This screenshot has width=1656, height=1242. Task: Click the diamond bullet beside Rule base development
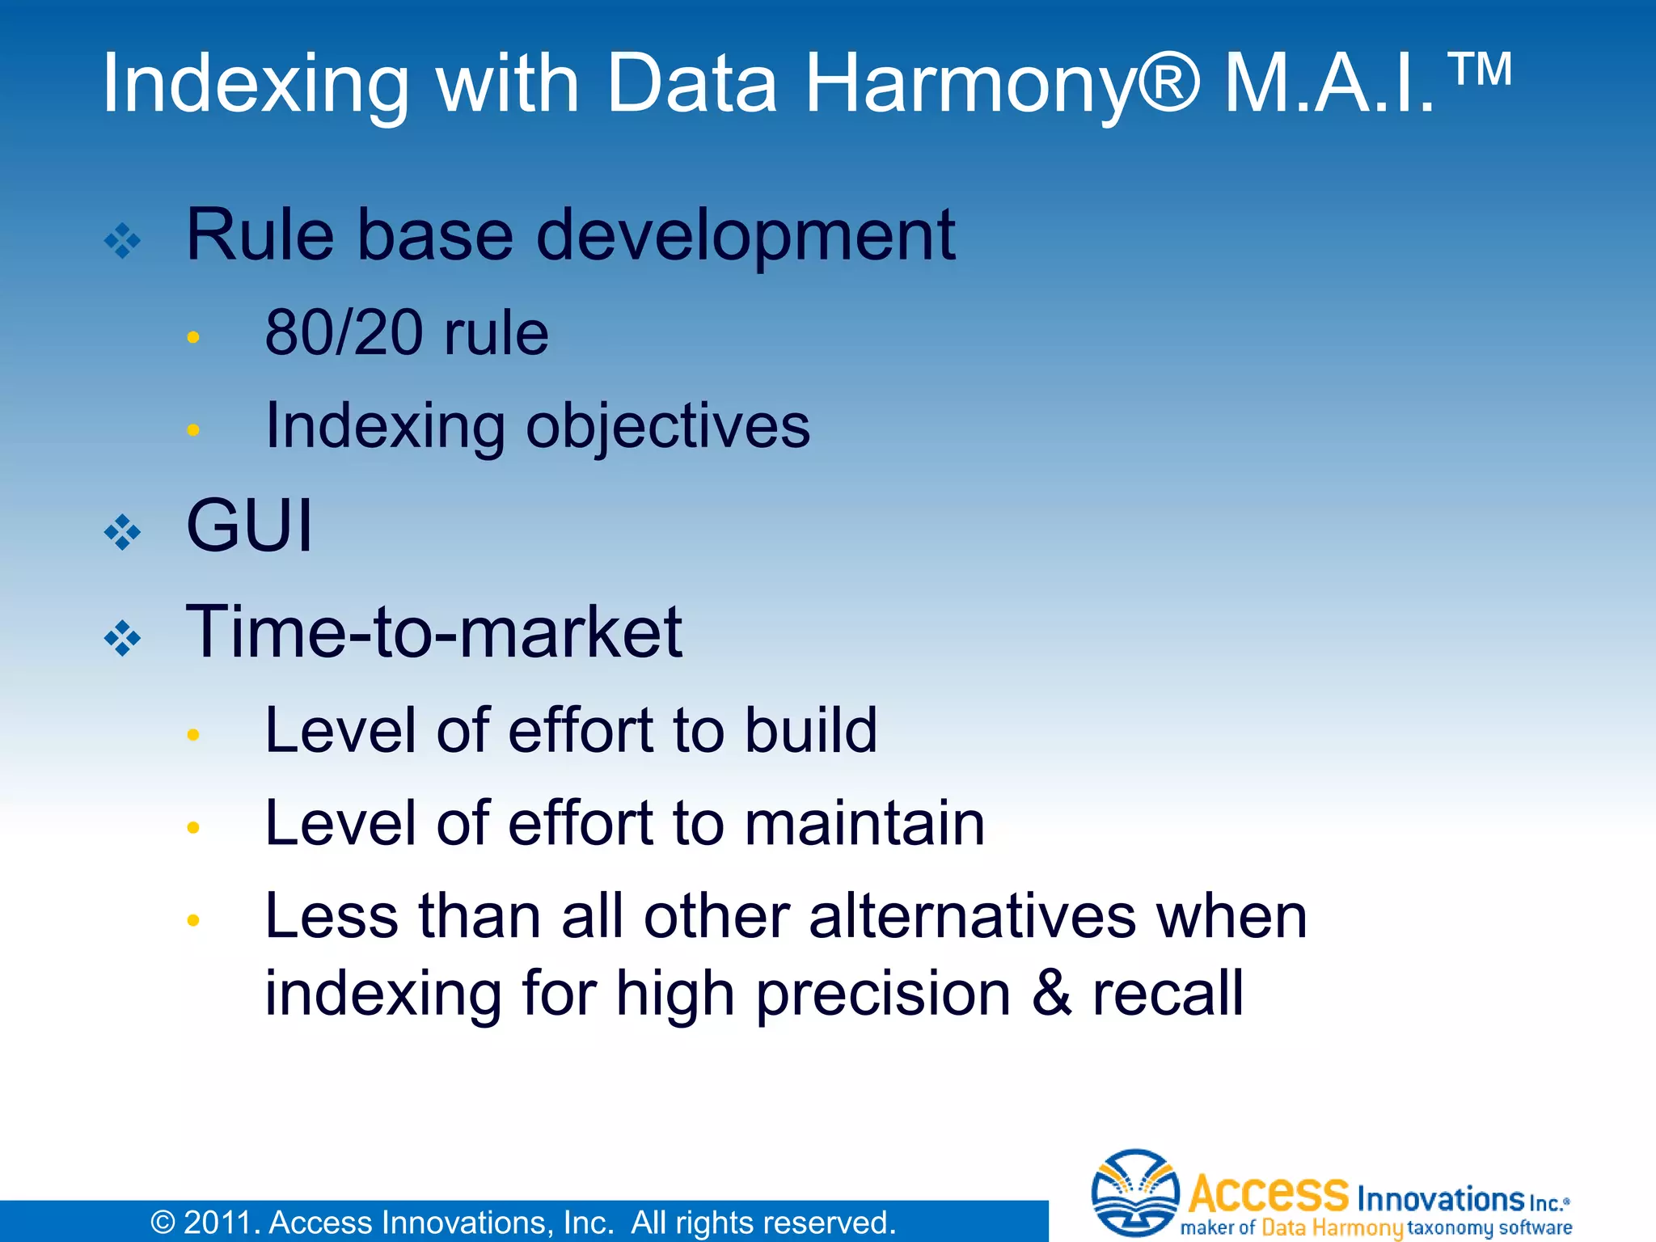(x=122, y=240)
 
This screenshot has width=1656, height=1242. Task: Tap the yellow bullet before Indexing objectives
(x=192, y=430)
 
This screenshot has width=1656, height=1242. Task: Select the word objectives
(x=667, y=427)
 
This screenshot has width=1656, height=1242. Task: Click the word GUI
(x=248, y=526)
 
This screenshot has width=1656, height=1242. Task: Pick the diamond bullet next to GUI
(x=122, y=532)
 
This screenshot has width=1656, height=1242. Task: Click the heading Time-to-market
(x=433, y=632)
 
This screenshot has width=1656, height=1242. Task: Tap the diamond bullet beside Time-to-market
(x=122, y=638)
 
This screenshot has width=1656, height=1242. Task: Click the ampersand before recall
(x=1051, y=994)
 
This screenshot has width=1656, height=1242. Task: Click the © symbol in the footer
(x=163, y=1223)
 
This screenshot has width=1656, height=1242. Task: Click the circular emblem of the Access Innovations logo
(x=1134, y=1193)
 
